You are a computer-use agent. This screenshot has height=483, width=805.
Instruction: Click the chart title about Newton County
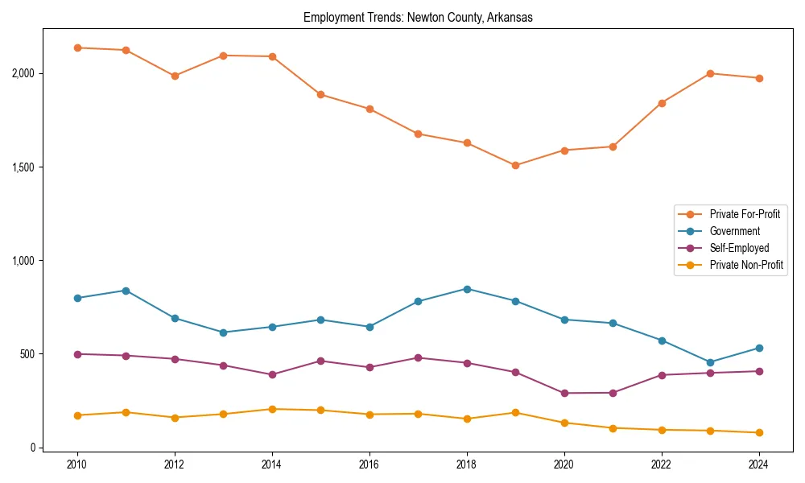(418, 18)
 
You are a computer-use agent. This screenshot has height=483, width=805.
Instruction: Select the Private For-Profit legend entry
(745, 214)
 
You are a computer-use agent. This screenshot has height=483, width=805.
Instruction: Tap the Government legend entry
(734, 231)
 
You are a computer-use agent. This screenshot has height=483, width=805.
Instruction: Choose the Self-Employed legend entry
(739, 248)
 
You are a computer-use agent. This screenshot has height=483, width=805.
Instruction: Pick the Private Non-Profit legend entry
(746, 265)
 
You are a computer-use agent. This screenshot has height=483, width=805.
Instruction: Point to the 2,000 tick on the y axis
(24, 73)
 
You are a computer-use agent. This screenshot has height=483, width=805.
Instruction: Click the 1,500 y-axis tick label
(24, 167)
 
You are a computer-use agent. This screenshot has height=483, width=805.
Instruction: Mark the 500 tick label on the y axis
(28, 354)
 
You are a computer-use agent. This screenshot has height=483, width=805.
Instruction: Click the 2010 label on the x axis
(77, 464)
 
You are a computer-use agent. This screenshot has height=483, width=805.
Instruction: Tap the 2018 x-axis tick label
(467, 464)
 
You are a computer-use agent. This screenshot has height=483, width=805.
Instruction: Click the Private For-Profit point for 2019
(515, 166)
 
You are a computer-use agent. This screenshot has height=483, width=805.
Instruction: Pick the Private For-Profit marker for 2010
(77, 47)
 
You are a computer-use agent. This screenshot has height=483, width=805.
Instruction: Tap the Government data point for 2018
(467, 289)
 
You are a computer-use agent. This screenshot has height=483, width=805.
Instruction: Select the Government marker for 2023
(710, 362)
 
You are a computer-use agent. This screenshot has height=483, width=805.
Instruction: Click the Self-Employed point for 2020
(564, 393)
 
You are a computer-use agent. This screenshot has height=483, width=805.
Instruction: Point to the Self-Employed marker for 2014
(272, 374)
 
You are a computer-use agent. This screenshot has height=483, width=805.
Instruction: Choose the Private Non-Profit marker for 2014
(272, 409)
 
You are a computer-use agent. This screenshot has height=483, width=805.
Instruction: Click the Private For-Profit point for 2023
(710, 73)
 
